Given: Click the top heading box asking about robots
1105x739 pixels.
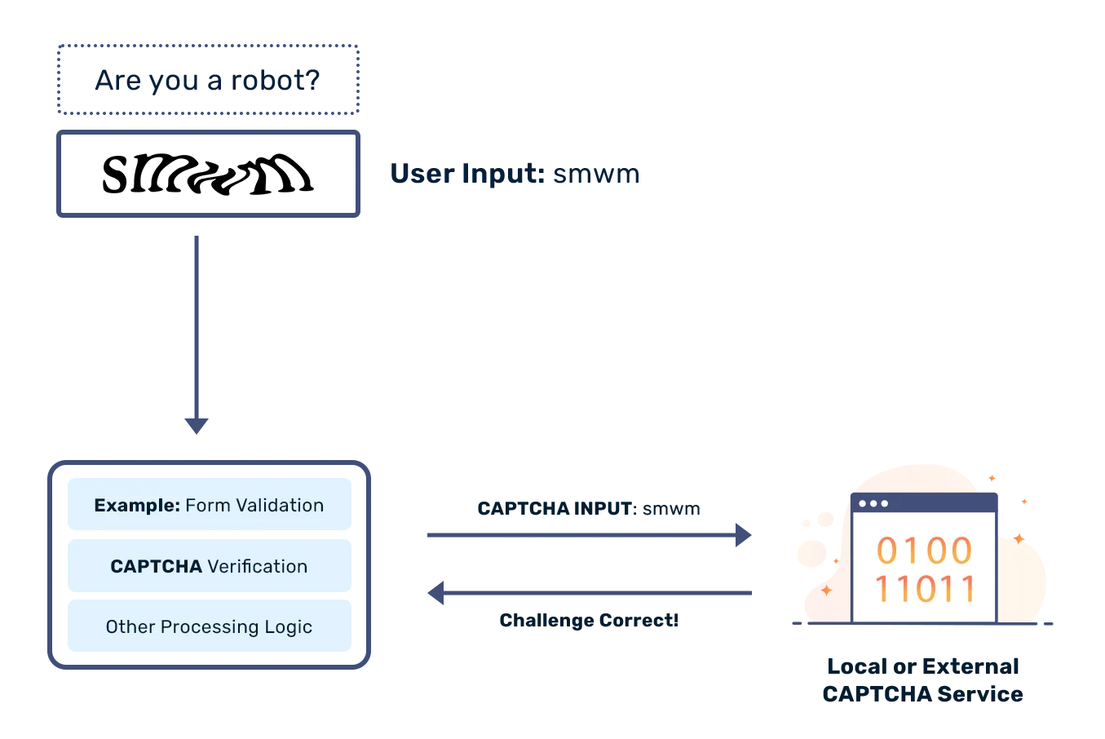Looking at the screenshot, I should tap(208, 80).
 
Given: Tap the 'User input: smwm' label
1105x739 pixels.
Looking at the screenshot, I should tap(514, 174).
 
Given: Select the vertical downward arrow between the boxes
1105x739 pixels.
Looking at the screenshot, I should tap(196, 334).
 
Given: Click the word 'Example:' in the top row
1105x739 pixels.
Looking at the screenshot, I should tap(136, 506).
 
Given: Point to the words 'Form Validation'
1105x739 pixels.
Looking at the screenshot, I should tap(254, 506).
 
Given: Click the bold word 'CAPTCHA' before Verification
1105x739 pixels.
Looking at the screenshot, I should tap(156, 567).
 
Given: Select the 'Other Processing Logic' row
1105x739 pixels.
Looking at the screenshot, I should tap(209, 627).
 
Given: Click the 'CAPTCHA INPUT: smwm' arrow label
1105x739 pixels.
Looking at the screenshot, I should tap(589, 507).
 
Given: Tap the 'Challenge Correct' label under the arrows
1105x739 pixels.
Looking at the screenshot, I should tap(587, 621).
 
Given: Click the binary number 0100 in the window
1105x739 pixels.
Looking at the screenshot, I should tap(924, 551).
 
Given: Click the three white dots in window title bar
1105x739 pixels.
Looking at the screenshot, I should tap(873, 503).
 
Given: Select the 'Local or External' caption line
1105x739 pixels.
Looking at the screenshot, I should tap(925, 667).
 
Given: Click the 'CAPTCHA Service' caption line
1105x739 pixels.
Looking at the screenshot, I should tap(922, 696).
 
